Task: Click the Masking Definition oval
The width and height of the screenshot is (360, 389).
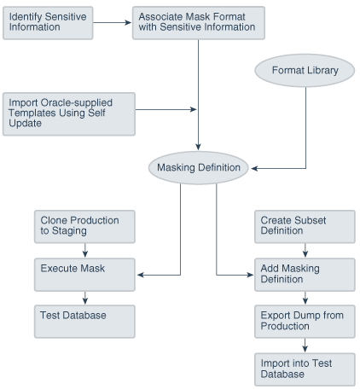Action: click(x=199, y=168)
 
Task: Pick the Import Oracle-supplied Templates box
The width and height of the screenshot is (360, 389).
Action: click(x=68, y=113)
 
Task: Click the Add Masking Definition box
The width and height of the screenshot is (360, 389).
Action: click(x=305, y=274)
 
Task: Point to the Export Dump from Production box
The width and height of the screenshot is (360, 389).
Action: click(x=305, y=321)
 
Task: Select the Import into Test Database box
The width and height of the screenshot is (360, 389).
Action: click(x=305, y=369)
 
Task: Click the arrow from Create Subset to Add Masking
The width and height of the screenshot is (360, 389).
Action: click(x=305, y=249)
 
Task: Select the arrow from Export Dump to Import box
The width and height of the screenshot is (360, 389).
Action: click(x=305, y=345)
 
